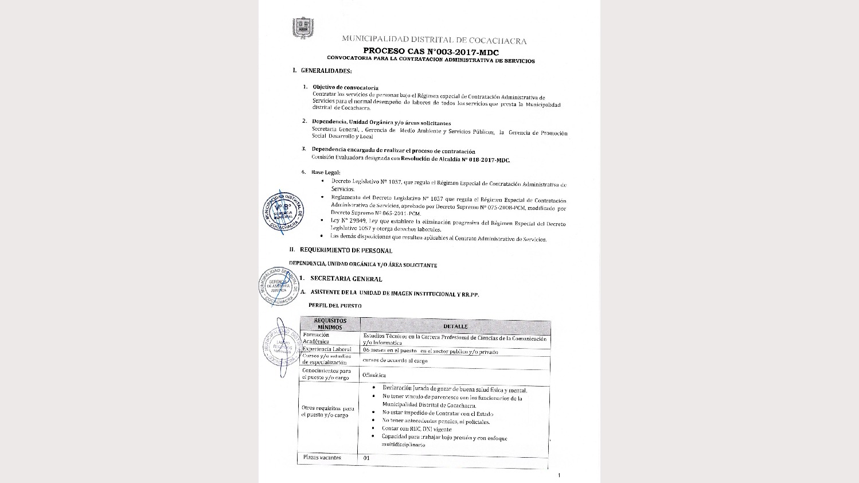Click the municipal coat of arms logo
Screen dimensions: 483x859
point(303,28)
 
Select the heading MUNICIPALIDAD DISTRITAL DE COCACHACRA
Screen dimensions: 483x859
point(434,40)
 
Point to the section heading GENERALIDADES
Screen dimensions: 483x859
point(326,71)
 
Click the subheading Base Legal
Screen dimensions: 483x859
point(326,172)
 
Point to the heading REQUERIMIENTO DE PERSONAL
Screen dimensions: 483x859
point(346,250)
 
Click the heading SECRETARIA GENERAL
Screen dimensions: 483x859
point(346,279)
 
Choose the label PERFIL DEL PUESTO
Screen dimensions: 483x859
point(335,306)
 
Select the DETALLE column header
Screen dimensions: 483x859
point(455,326)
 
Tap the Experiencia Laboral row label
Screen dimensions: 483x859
point(327,349)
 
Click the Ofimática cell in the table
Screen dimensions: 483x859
point(374,376)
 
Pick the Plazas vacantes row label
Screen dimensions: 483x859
point(322,458)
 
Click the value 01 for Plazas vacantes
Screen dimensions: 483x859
point(366,458)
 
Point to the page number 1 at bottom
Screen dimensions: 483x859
point(559,475)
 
